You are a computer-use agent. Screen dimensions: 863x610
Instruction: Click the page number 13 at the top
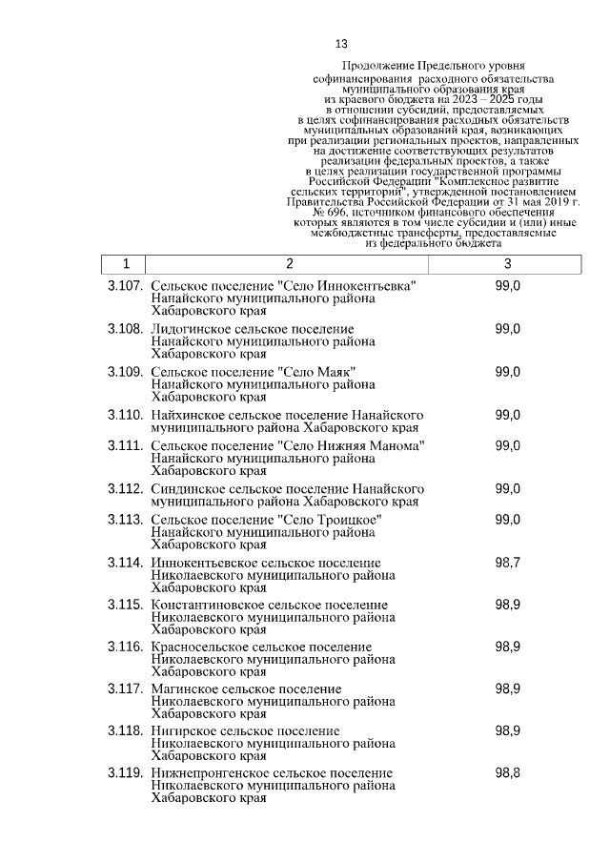click(342, 44)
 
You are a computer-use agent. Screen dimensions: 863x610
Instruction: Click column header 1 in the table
click(125, 264)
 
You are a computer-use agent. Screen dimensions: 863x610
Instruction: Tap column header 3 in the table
click(507, 264)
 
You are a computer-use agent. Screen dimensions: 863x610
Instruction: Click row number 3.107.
click(125, 286)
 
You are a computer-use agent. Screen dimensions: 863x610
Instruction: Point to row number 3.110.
click(125, 415)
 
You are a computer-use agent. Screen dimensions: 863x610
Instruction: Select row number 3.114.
click(125, 563)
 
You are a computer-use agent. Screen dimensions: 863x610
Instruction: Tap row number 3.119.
click(125, 772)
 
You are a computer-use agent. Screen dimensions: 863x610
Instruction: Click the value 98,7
click(507, 563)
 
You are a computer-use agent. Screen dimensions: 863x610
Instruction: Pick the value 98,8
click(507, 772)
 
